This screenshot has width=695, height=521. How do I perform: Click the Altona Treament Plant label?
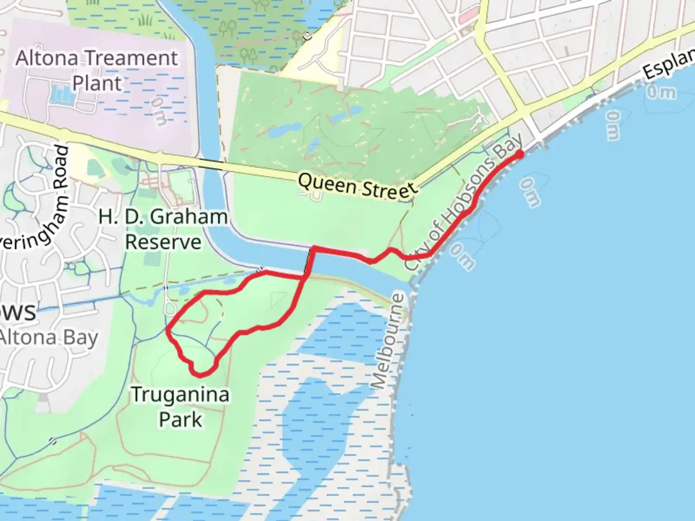97,70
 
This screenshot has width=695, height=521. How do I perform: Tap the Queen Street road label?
357,186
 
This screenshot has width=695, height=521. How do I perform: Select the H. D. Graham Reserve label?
163,229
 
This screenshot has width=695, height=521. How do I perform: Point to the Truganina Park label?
181,407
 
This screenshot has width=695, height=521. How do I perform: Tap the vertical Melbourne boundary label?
389,340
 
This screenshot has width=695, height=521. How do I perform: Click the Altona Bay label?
48,338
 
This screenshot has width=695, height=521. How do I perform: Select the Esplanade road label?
668,65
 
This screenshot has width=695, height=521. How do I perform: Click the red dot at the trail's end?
520,154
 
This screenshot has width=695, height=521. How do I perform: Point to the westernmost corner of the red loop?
167,330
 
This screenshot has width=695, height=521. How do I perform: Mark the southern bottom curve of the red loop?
201,374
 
